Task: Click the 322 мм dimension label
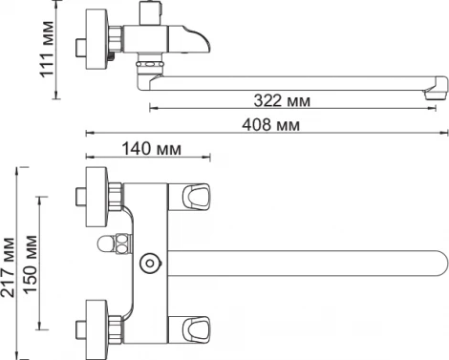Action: point(282,100)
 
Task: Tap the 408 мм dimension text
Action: point(271,124)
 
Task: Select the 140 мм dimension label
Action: point(152,148)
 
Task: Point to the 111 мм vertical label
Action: point(47,49)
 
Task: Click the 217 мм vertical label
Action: point(8,267)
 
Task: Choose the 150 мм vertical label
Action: point(31,265)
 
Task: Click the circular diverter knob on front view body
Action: point(150,264)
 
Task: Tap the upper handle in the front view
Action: point(189,198)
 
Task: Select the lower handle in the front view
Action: point(189,330)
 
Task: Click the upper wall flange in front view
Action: point(97,197)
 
